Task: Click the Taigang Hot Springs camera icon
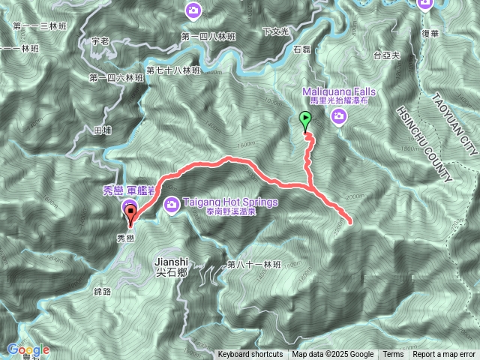coord(172,202)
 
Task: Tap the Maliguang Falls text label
coord(340,91)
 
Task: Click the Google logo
coord(28,349)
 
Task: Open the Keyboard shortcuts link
coord(250,355)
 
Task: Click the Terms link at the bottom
coord(393,355)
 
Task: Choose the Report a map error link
coord(444,355)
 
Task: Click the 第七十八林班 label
coord(173,70)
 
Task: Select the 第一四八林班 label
coord(208,36)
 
